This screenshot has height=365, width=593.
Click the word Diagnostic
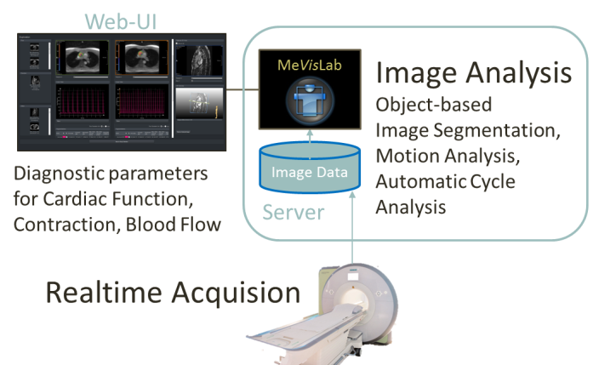tap(59, 175)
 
